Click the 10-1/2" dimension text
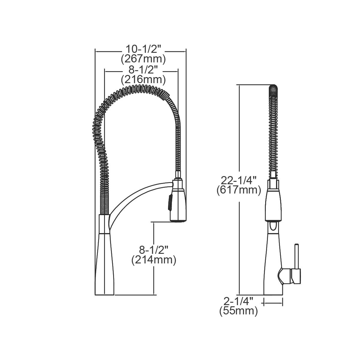(143, 49)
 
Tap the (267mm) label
(143, 59)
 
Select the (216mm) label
(143, 80)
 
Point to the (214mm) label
(154, 260)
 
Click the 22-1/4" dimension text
(239, 180)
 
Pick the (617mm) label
(239, 190)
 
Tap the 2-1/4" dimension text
(239, 301)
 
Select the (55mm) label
(239, 311)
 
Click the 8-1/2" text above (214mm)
(154, 250)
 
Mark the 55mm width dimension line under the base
(273, 303)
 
